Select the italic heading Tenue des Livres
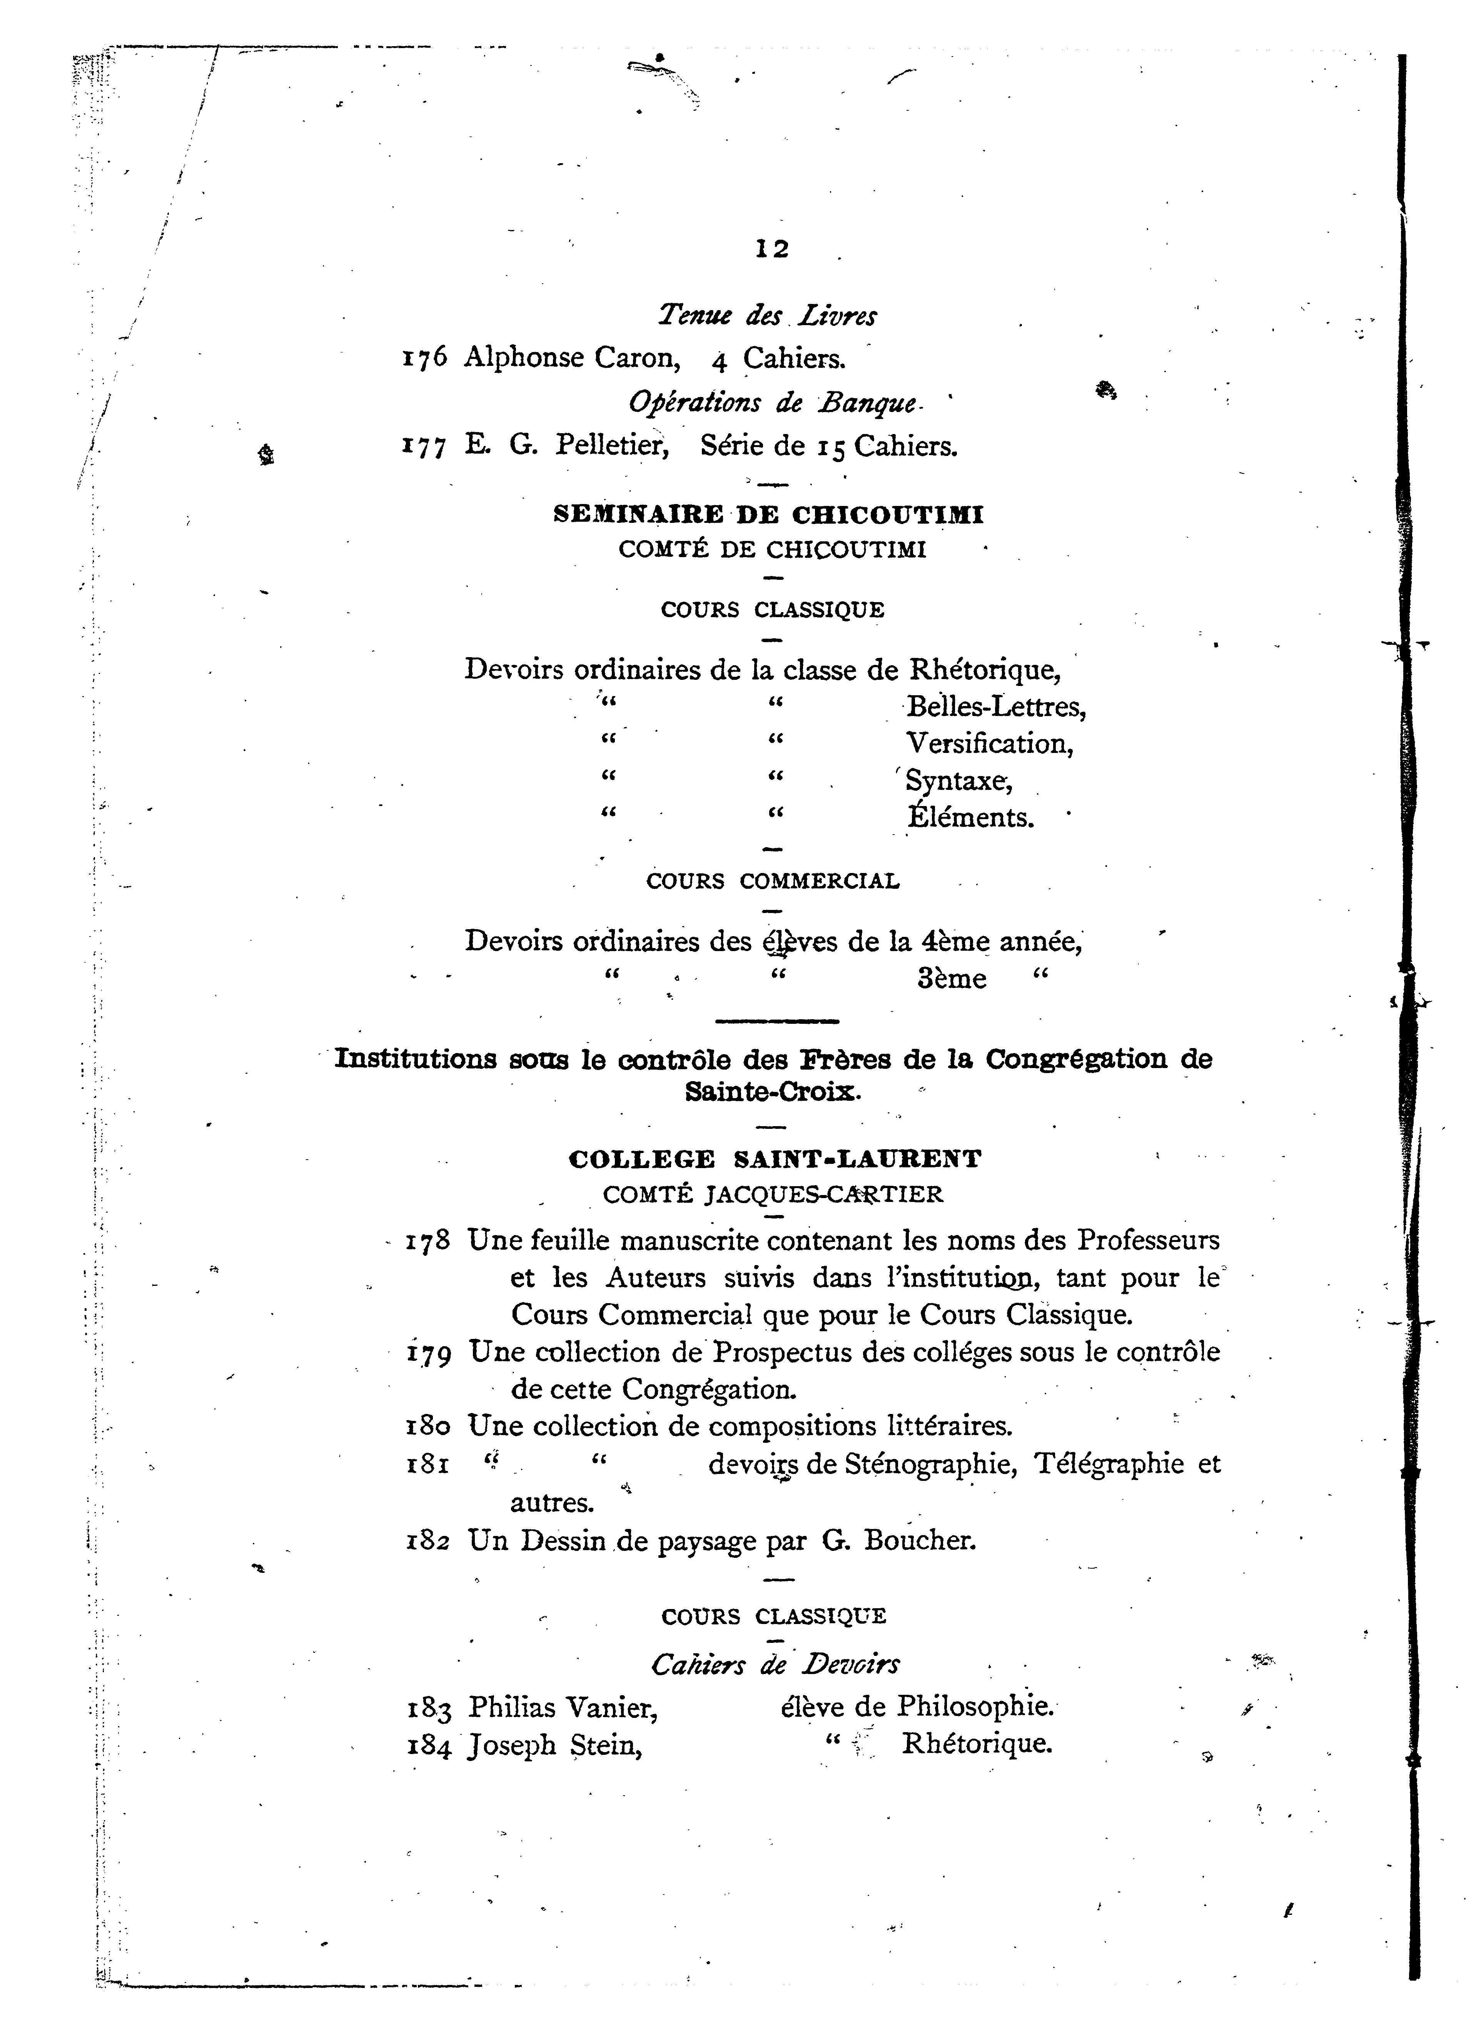[x=767, y=315]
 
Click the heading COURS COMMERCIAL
[x=773, y=881]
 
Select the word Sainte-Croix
[x=773, y=1092]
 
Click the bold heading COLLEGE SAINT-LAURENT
[x=775, y=1159]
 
